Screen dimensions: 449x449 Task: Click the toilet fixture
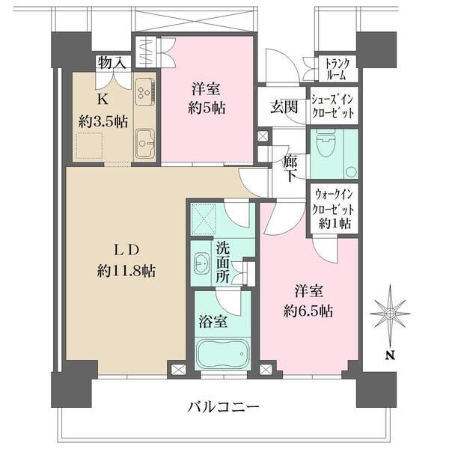(324, 147)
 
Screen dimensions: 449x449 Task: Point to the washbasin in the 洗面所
(201, 264)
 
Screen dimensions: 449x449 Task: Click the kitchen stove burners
(144, 94)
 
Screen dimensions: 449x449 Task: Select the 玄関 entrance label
(284, 106)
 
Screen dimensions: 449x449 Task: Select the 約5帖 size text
(204, 107)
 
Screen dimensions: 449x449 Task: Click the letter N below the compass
(389, 356)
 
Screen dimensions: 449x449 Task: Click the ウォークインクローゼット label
(334, 210)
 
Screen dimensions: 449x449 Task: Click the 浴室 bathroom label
(213, 323)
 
